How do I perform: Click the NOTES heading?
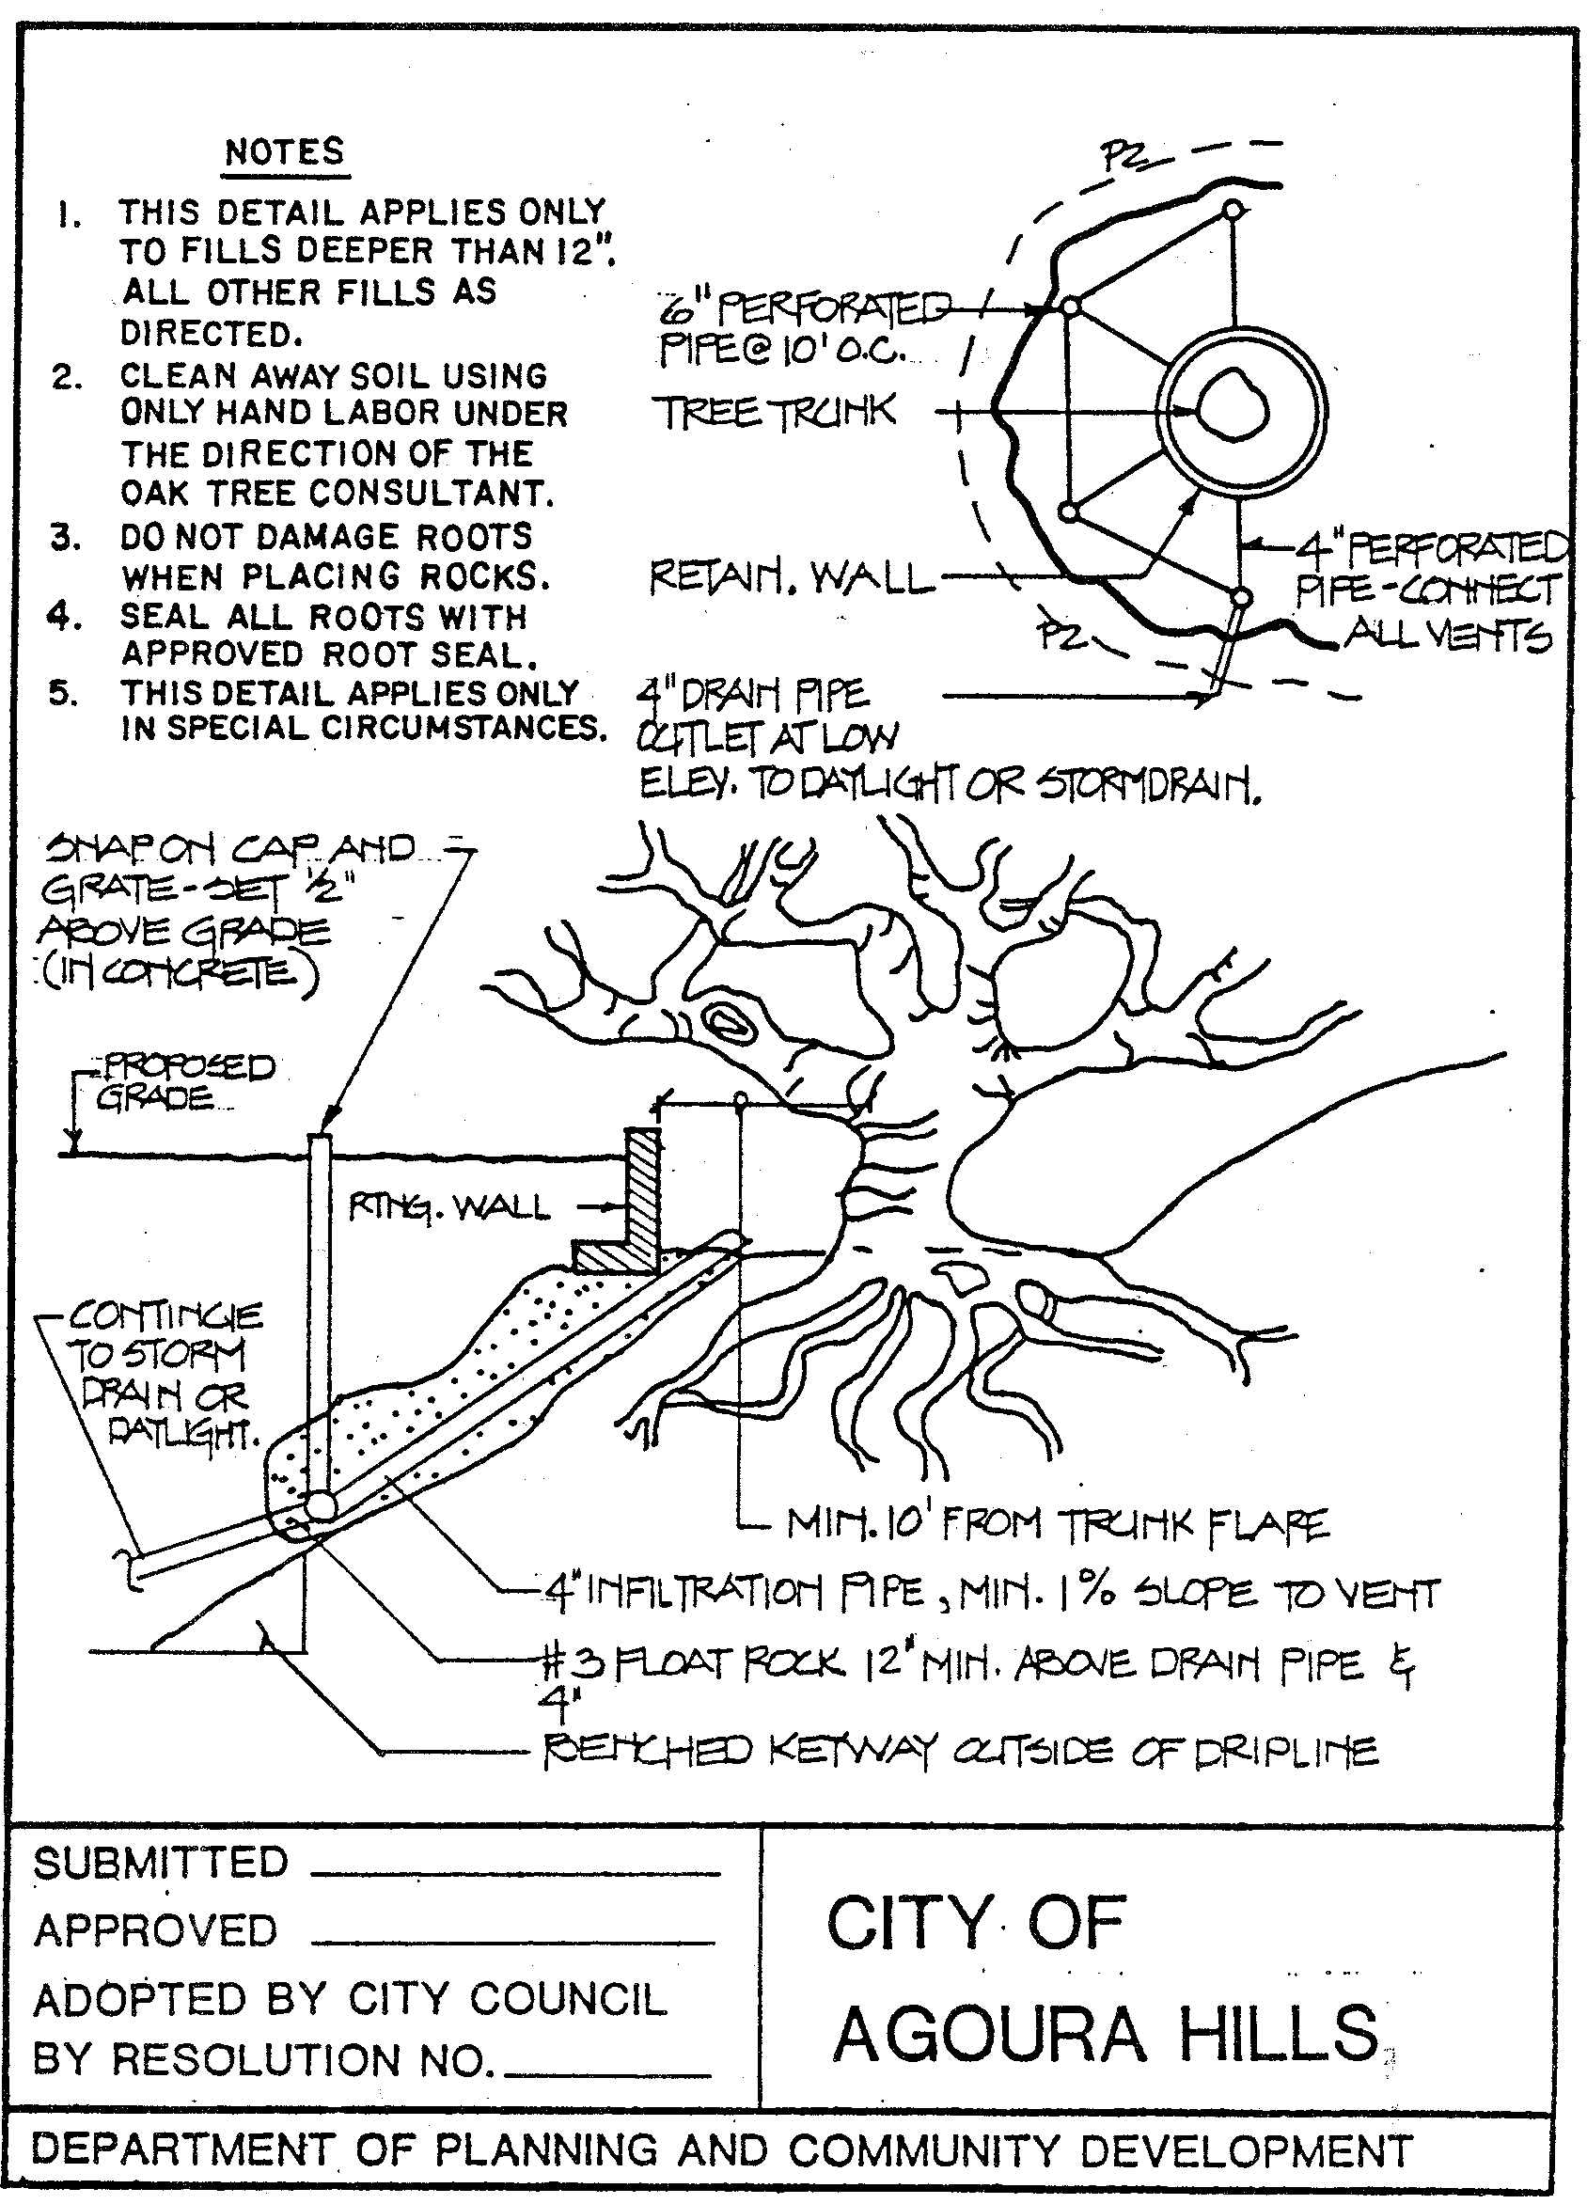(284, 152)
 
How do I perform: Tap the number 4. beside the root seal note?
(63, 616)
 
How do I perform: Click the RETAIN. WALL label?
(789, 579)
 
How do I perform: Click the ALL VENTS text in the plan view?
(1447, 638)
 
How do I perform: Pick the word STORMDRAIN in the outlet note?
(1148, 784)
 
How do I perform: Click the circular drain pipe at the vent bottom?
(320, 1506)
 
